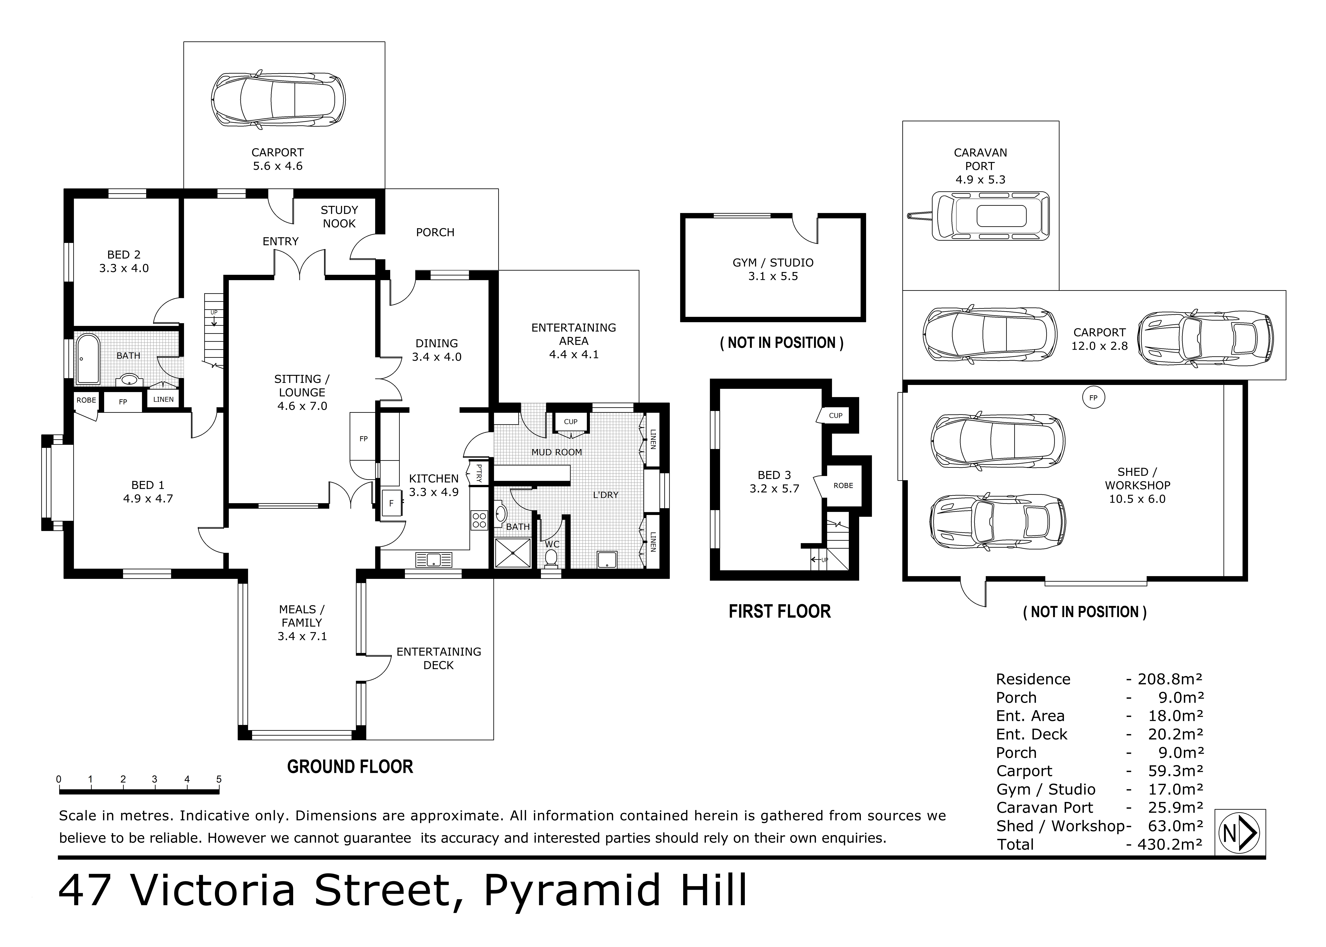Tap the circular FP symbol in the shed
coord(1093,398)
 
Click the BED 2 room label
coord(124,261)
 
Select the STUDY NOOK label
coord(339,216)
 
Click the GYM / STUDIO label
coord(773,269)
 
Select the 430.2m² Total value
coord(1170,844)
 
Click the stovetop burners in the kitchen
coord(479,520)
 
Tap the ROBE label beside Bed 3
coord(843,485)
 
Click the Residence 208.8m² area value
coord(1170,679)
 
